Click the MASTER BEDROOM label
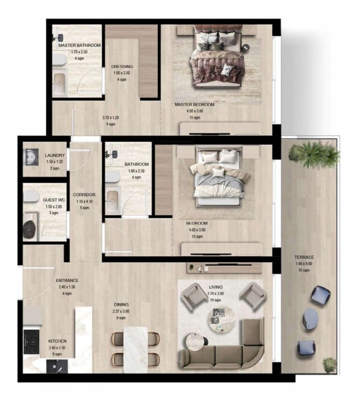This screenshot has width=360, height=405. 194,105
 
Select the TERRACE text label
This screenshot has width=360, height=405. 304,257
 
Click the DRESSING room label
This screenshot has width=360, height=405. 122,67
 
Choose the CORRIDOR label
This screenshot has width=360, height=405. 84,195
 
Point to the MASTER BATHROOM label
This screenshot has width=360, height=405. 79,45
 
